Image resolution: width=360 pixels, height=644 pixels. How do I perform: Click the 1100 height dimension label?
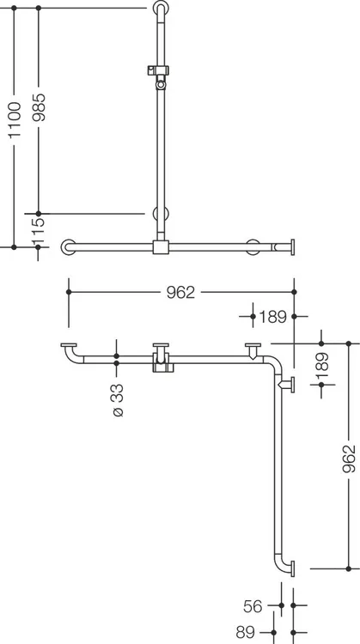(x=15, y=119)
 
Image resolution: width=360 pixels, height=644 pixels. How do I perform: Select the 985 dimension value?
(x=40, y=107)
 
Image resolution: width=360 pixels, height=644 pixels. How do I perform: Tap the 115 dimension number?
(x=38, y=231)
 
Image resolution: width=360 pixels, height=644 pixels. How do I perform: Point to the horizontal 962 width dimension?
(x=180, y=293)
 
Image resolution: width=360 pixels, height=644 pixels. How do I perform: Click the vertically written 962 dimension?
(x=349, y=459)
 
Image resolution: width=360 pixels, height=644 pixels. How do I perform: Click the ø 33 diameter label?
(x=118, y=400)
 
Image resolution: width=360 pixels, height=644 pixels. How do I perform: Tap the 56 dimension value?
(x=253, y=606)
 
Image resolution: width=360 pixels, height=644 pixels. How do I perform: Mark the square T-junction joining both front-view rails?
(x=161, y=247)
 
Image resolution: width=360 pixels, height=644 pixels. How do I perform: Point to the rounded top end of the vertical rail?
(x=161, y=6)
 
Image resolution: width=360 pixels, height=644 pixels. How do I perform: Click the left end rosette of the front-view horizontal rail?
(x=68, y=247)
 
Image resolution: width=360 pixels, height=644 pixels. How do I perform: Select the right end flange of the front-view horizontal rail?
(x=293, y=247)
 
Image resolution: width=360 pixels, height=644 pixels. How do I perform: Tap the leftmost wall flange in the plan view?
(x=69, y=345)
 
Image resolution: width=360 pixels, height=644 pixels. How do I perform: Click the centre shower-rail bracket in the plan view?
(x=162, y=358)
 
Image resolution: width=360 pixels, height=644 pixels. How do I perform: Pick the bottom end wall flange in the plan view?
(x=293, y=568)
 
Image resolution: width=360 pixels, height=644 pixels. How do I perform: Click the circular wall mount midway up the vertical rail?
(x=161, y=214)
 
